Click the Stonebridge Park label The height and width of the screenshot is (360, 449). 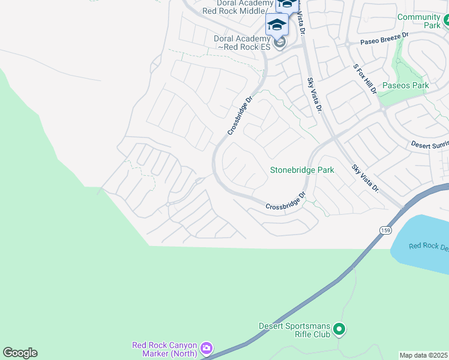pos(301,170)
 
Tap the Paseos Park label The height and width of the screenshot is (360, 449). pos(405,86)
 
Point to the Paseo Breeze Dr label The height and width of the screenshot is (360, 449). pos(384,39)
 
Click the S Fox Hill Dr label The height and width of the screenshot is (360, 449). pos(364,79)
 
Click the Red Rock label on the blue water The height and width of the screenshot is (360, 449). pos(428,247)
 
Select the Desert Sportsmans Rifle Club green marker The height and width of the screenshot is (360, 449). pos(339,329)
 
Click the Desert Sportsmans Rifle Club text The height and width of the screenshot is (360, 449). pos(294,330)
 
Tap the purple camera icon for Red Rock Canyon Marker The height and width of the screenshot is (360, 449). pos(206,348)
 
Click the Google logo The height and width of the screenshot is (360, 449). pos(20,353)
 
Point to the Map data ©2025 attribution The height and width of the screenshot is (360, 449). pos(424,355)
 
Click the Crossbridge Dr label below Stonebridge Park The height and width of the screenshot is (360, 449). pos(286,201)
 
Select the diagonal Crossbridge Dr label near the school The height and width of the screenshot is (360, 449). pos(238,116)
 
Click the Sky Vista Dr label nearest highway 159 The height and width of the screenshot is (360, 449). pos(365,179)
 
